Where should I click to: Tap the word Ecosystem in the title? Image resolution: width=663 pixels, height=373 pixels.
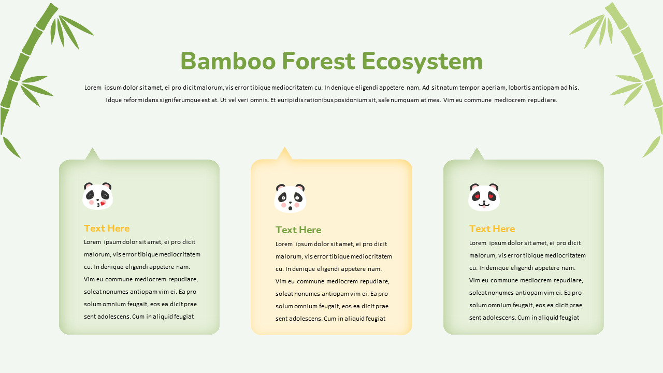pyautogui.click(x=422, y=62)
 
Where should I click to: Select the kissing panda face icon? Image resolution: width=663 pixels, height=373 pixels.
pyautogui.click(x=97, y=196)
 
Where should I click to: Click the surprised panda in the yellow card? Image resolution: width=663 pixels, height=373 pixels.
pyautogui.click(x=290, y=198)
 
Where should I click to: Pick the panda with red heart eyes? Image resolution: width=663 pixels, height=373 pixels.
pyautogui.click(x=484, y=197)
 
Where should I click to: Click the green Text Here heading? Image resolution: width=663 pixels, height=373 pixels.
pyautogui.click(x=298, y=229)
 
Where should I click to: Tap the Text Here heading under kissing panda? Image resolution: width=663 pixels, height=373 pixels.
pyautogui.click(x=107, y=228)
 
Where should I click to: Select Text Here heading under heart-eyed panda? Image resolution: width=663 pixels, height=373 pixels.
pyautogui.click(x=492, y=228)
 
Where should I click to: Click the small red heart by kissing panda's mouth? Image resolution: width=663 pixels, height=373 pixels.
pyautogui.click(x=103, y=204)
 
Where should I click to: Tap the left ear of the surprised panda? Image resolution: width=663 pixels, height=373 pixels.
pyautogui.click(x=280, y=187)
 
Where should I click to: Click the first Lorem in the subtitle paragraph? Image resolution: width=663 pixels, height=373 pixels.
pyautogui.click(x=93, y=88)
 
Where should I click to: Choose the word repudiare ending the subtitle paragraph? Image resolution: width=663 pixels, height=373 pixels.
pyautogui.click(x=542, y=100)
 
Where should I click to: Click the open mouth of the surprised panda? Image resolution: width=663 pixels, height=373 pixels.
pyautogui.click(x=290, y=207)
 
